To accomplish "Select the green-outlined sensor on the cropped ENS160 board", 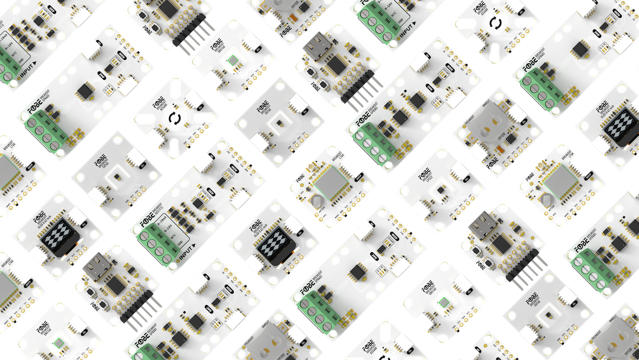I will pyautogui.click(x=58, y=343).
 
